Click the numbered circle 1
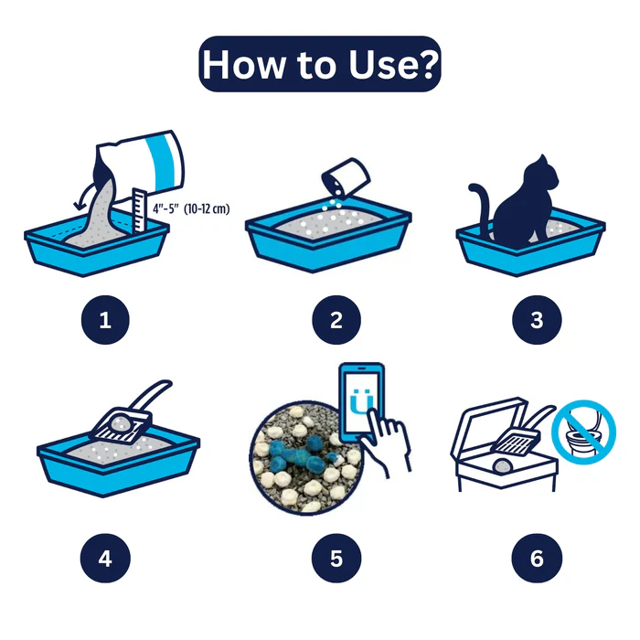pos(105,320)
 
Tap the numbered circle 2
pos(336,320)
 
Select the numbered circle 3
pos(537,320)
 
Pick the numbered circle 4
pos(105,558)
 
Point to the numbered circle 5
pos(336,558)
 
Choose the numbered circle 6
pos(537,558)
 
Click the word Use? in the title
pos(393,64)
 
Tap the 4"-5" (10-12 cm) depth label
pos(191,209)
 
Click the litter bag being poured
pos(141,167)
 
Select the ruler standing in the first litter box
pos(140,211)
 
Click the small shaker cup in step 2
pos(346,177)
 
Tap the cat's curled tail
pos(481,208)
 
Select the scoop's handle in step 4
pos(152,395)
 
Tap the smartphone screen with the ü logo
pos(362,401)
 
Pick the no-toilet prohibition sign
pos(583,432)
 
